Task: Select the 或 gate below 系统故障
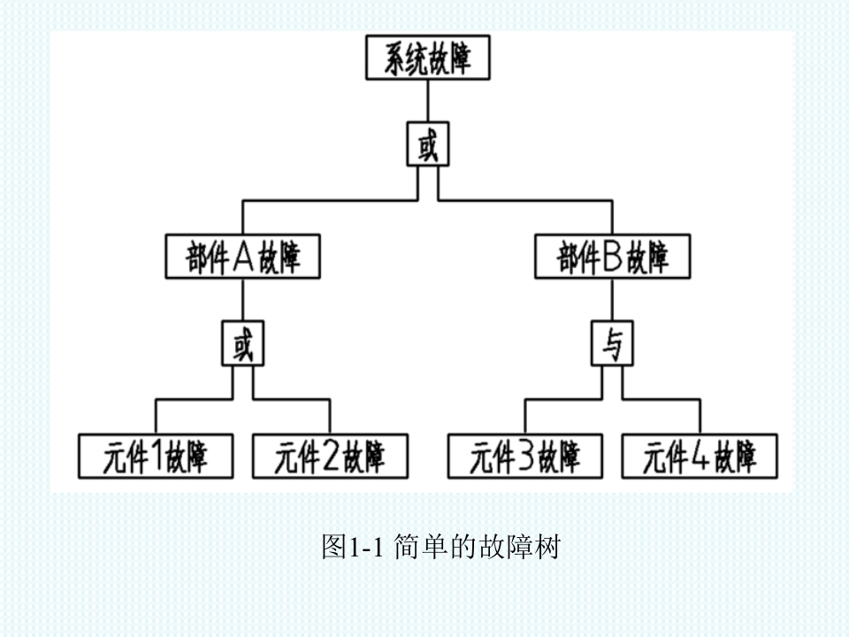tap(428, 145)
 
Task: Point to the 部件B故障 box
tap(613, 257)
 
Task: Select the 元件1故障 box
tap(157, 457)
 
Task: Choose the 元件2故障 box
tap(331, 457)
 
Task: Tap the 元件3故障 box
tap(524, 457)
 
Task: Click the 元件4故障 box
tap(700, 457)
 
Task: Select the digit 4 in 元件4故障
tap(699, 457)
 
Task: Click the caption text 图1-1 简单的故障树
tap(440, 547)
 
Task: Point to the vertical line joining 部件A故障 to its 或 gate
tap(243, 301)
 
